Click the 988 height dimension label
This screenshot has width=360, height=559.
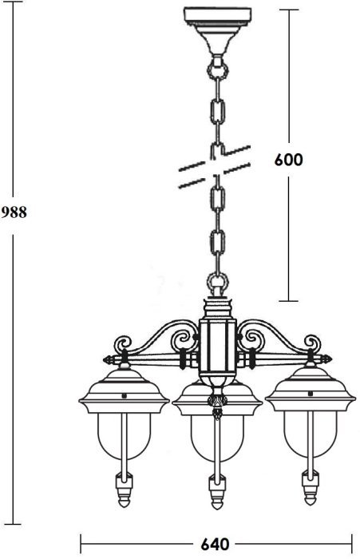[14, 212]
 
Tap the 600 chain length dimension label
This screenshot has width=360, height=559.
[288, 160]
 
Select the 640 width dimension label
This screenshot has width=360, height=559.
[216, 545]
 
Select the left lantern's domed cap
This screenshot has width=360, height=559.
[124, 391]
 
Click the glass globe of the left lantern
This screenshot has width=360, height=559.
[124, 436]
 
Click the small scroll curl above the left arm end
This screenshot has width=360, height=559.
[123, 343]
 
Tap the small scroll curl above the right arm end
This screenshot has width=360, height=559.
[312, 343]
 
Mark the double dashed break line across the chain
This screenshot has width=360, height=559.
[215, 166]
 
